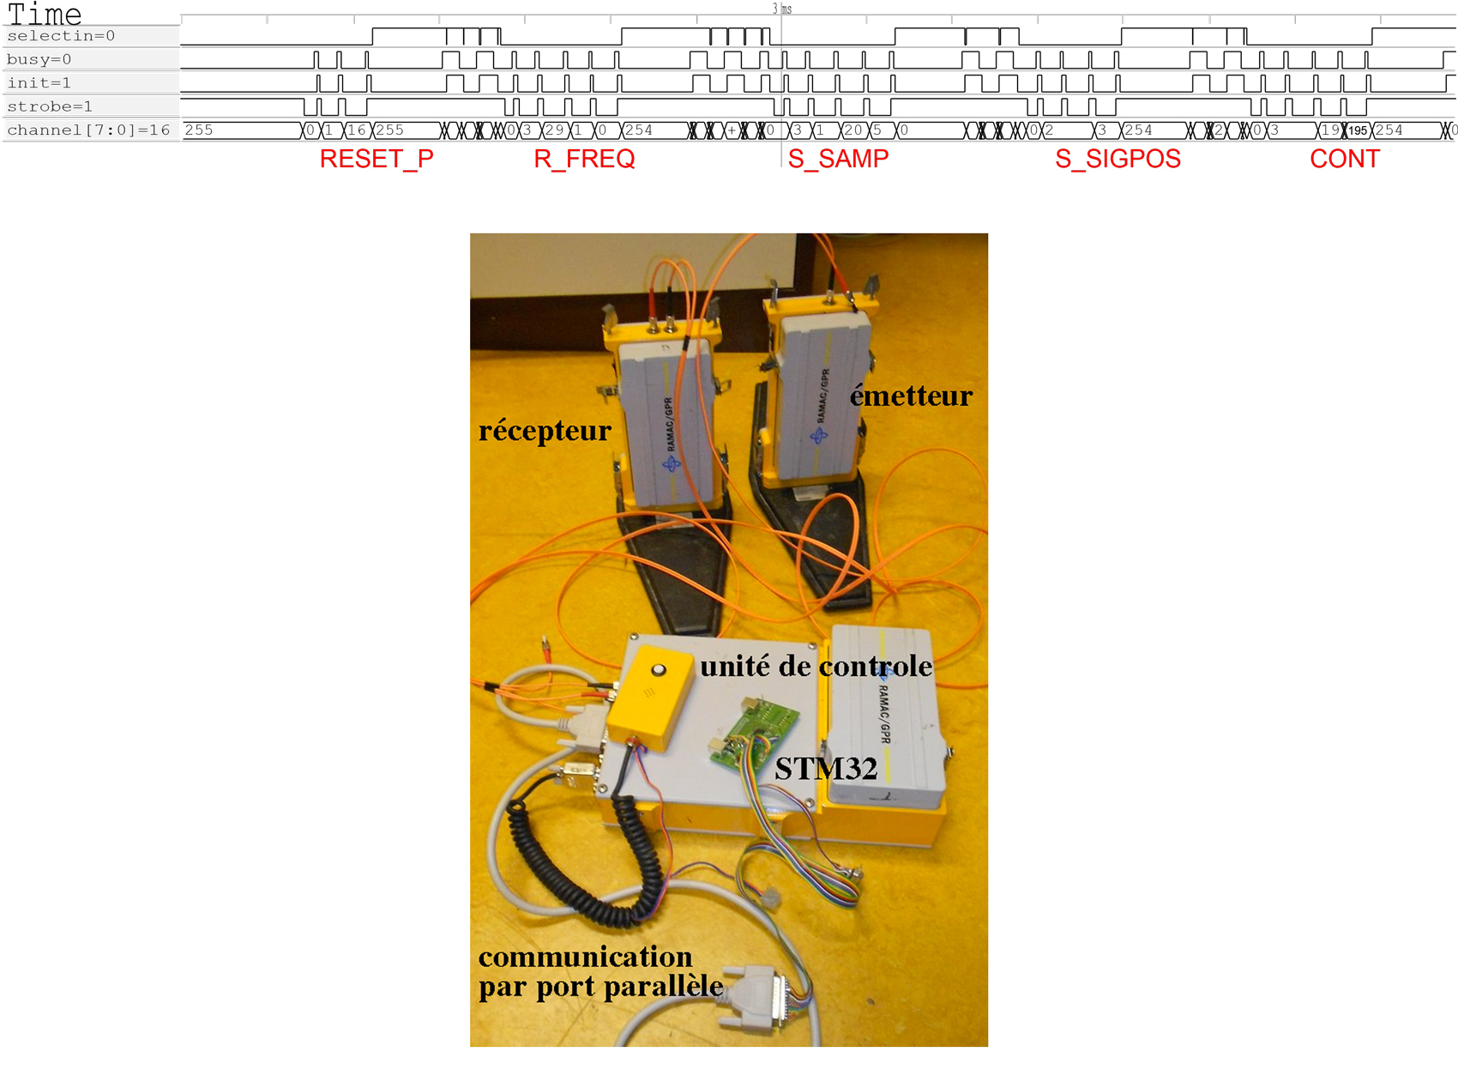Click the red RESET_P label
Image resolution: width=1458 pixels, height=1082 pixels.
(377, 160)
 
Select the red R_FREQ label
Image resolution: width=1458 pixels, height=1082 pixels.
(584, 160)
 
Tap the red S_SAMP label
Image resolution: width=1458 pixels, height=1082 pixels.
(838, 160)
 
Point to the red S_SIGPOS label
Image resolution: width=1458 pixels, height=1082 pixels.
(1118, 160)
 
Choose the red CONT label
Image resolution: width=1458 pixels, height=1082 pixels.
(1345, 160)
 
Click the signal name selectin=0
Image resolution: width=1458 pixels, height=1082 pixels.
(61, 36)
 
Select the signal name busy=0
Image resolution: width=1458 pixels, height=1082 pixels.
(39, 59)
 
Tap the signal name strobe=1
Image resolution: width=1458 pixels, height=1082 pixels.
(50, 106)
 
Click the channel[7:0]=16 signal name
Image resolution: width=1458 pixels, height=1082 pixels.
(88, 130)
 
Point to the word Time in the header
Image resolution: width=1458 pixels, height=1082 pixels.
(45, 14)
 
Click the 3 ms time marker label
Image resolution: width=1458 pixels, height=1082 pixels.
(781, 9)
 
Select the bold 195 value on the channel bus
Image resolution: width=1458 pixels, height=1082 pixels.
(1358, 131)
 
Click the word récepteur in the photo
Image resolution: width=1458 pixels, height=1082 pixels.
(545, 430)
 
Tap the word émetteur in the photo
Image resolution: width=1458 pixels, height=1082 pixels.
(911, 396)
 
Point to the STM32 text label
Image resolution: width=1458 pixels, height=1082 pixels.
(826, 769)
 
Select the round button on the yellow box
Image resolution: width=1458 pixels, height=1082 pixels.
(659, 669)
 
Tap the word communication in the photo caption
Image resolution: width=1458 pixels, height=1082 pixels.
(585, 957)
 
